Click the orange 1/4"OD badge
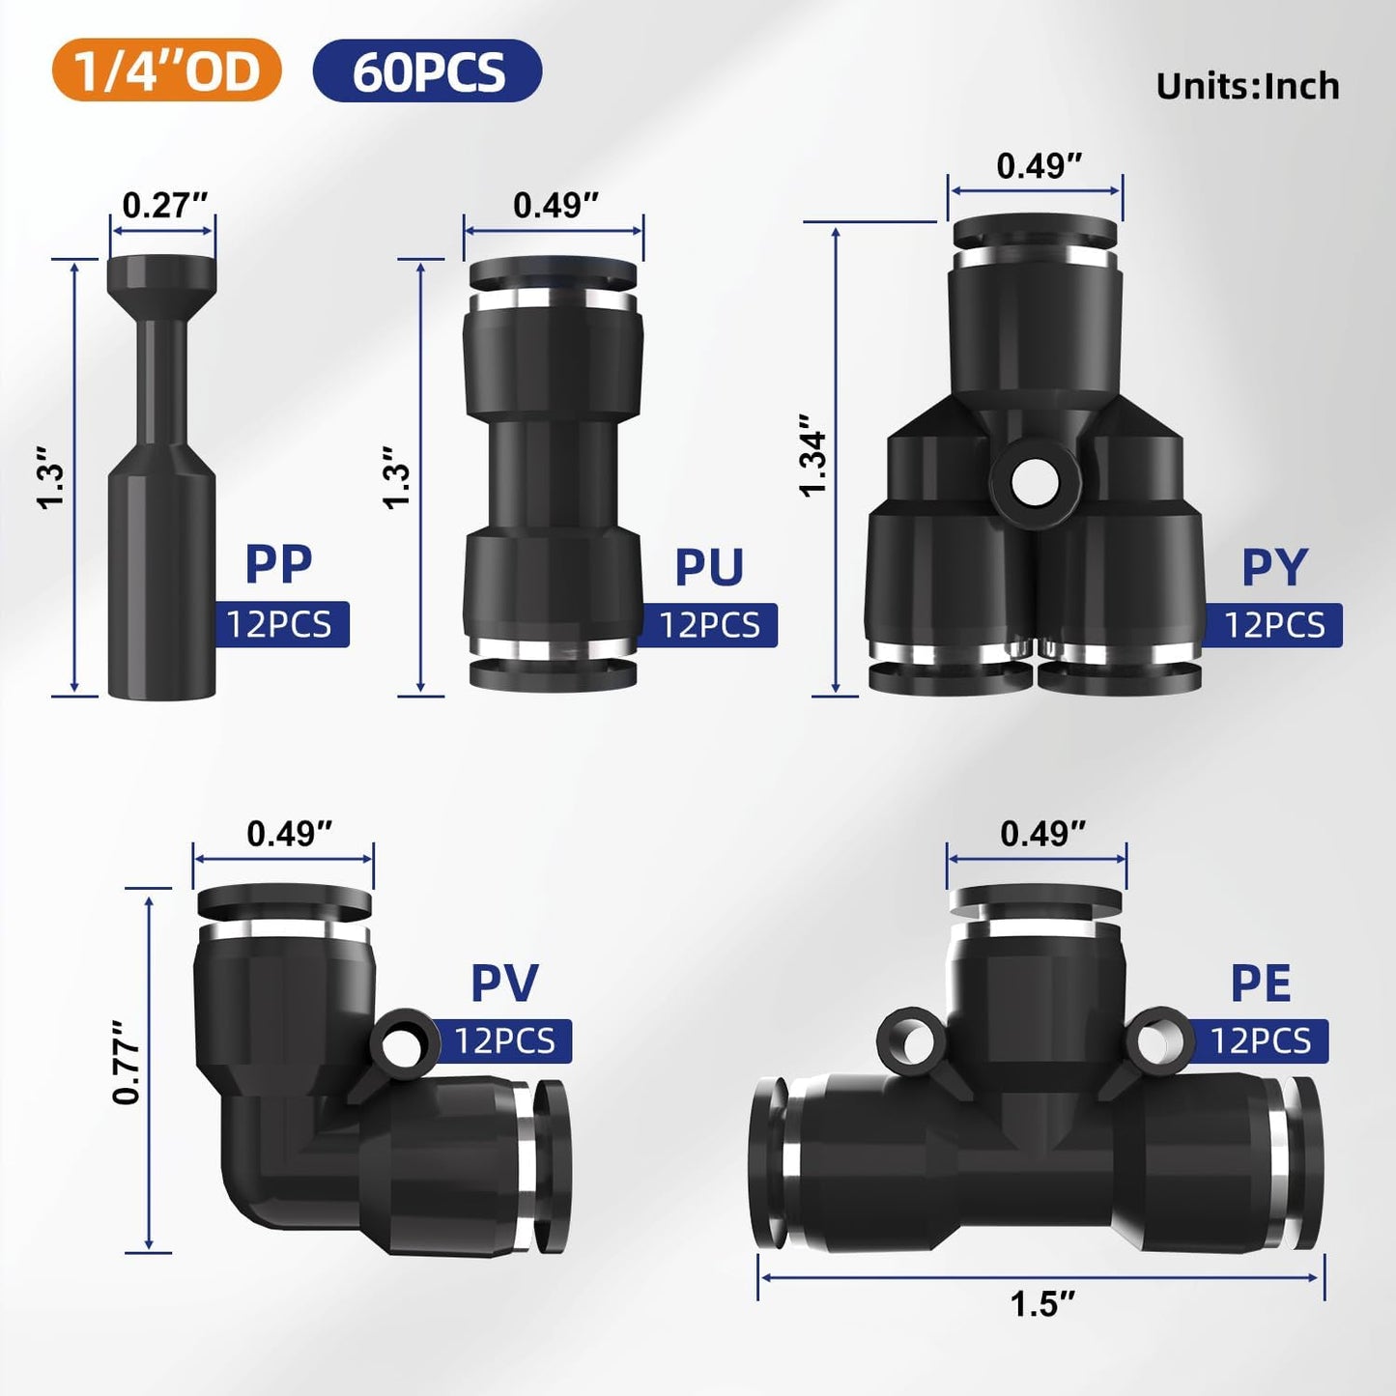[166, 71]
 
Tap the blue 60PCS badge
[427, 71]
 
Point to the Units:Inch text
[1247, 87]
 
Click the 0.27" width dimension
[164, 205]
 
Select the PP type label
[278, 564]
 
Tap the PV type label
[503, 983]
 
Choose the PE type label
[1260, 983]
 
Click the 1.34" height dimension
[813, 455]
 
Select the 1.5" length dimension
[1041, 1304]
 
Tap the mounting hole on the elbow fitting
[400, 1044]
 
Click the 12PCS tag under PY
[1274, 625]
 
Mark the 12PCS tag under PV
[504, 1040]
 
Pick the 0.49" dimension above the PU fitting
[555, 205]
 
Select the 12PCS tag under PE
[1260, 1040]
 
